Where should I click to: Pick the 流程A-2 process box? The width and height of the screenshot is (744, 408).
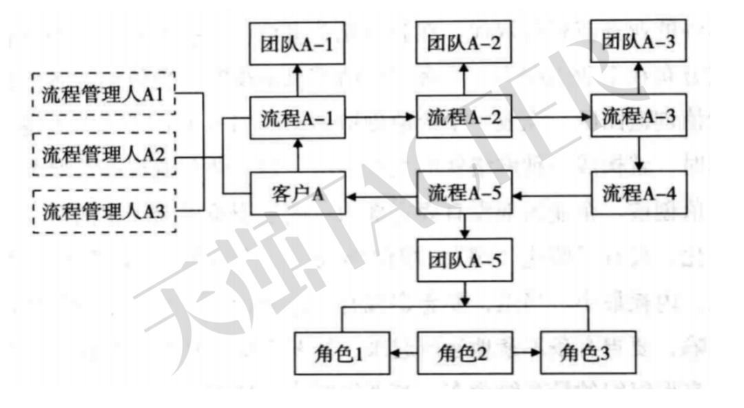point(463,117)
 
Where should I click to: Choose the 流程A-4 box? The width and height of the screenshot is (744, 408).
point(639,193)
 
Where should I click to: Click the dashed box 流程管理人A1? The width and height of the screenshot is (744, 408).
point(103,93)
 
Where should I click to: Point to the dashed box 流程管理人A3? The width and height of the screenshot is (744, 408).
point(103,210)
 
